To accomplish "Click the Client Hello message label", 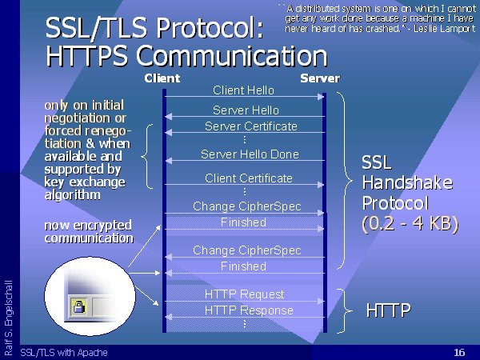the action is click(244, 90).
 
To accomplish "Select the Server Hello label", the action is click(246, 110).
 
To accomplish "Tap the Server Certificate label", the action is click(251, 126).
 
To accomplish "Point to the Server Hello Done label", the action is click(250, 154).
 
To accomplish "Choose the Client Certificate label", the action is click(249, 178).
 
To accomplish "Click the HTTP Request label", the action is click(244, 294).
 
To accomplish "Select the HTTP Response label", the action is click(249, 310).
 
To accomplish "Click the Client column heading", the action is click(162, 78).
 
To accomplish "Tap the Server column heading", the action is click(320, 78).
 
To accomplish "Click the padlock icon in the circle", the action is click(79, 306).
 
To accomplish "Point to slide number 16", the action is click(459, 352).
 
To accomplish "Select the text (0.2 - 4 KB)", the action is click(410, 223).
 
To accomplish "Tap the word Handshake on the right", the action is click(407, 182).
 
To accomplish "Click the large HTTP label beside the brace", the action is click(388, 310).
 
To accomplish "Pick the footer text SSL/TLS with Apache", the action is click(64, 352).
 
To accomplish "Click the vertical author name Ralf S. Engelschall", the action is click(9, 318).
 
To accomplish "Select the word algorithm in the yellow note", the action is click(73, 194).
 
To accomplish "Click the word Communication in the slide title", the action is click(232, 56).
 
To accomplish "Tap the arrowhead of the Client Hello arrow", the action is click(321, 97).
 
